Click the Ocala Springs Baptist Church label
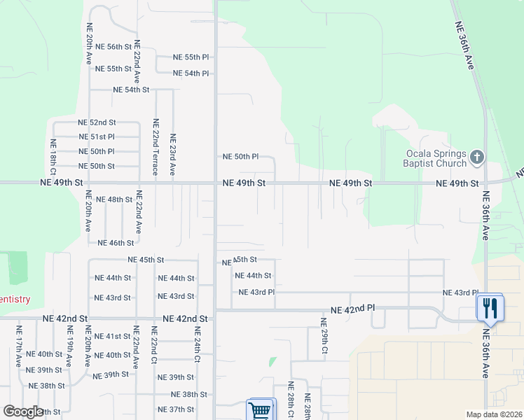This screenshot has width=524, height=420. [x=435, y=159]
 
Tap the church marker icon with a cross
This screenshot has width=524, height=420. [x=477, y=157]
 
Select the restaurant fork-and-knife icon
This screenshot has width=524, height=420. [x=490, y=308]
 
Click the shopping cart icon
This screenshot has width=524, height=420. [x=259, y=410]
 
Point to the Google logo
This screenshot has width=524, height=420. [x=23, y=412]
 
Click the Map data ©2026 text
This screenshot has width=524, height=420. [x=494, y=415]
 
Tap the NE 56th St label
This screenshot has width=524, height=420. [x=113, y=47]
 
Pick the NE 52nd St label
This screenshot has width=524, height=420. [x=97, y=122]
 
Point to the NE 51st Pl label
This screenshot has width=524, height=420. [x=97, y=137]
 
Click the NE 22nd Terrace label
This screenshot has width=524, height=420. [x=156, y=146]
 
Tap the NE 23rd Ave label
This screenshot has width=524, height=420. [x=172, y=154]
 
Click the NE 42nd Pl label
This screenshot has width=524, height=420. [x=353, y=309]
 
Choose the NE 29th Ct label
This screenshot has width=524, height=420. [x=324, y=336]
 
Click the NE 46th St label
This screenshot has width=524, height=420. [x=116, y=244]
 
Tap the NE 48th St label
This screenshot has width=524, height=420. [x=114, y=200]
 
